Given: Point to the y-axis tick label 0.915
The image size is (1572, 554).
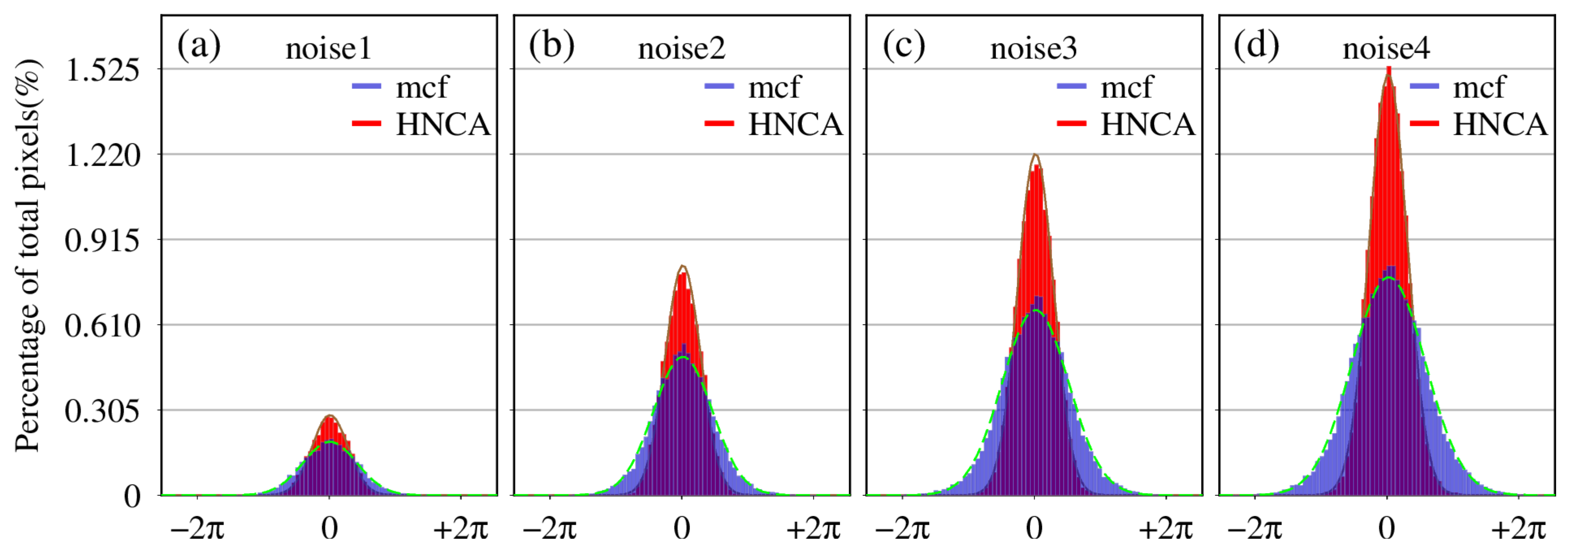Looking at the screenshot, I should click(103, 241).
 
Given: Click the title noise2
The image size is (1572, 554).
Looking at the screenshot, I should click(681, 49).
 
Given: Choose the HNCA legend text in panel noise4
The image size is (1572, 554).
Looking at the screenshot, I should click(1500, 125).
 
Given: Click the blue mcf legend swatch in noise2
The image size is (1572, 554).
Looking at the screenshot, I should click(719, 87).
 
